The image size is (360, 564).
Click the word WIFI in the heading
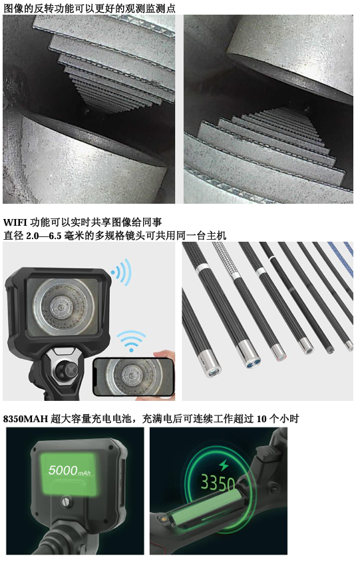pos(15,222)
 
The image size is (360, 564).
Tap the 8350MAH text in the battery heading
pos(25,419)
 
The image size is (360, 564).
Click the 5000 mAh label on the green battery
pos(69,470)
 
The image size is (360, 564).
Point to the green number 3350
pos(218,482)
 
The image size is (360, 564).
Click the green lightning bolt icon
pos(224,465)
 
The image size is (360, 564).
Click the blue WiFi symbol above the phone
pos(131,341)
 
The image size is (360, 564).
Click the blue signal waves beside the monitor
pos(121,272)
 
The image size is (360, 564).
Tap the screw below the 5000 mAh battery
pos(65,501)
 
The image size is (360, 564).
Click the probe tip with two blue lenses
pos(250,356)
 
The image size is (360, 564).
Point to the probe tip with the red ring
pos(279,353)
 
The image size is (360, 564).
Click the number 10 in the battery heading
pos(262,419)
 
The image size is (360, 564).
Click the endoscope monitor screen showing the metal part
pos(63,306)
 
